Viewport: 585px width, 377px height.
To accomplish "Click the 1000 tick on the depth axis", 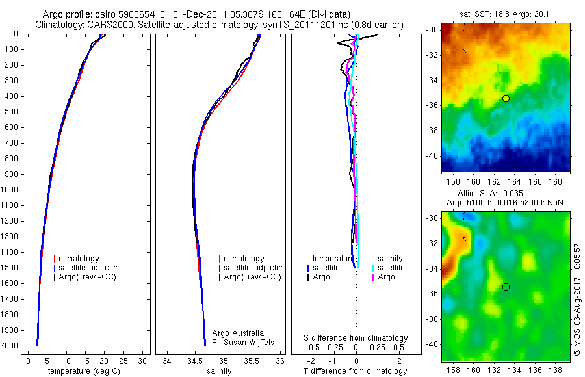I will [x=11, y=190].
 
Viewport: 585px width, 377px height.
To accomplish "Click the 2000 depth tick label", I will [x=11, y=346].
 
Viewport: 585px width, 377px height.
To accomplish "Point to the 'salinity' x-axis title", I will [x=219, y=371].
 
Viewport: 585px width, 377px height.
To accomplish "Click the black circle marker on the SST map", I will [x=506, y=98].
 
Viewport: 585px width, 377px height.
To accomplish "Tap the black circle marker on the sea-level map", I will [x=506, y=287].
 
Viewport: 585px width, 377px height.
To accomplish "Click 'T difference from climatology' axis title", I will [x=355, y=371].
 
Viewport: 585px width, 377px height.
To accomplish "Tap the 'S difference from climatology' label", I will [x=356, y=338].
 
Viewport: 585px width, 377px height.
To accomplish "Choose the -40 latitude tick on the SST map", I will [x=431, y=156].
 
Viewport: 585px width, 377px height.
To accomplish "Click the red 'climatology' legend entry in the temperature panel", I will [x=79, y=259].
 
